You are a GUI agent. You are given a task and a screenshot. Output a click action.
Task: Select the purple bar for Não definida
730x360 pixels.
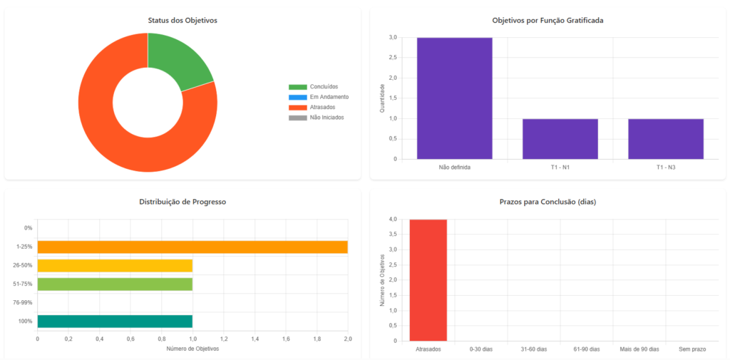point(454,98)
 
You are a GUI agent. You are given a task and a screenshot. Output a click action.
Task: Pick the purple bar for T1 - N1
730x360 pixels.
point(560,139)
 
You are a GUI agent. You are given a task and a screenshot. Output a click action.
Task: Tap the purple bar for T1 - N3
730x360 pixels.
point(665,139)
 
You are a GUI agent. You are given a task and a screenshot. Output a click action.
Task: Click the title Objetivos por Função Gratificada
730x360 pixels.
point(547,21)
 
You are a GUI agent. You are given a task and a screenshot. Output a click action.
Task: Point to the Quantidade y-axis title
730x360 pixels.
point(382,98)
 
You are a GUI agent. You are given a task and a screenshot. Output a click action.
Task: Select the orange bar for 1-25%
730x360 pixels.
point(192,247)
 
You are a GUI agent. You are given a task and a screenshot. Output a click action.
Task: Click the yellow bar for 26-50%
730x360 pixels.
point(115,265)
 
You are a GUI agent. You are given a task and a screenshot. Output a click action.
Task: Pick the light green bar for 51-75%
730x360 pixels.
point(115,284)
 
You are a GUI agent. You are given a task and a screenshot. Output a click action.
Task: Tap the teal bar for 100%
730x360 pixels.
point(115,321)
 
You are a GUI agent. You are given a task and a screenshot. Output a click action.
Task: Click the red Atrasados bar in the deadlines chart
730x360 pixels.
point(428,280)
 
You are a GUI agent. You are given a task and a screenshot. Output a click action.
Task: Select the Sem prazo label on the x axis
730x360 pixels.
point(692,349)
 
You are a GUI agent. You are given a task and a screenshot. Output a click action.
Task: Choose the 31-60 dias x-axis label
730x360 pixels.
point(533,349)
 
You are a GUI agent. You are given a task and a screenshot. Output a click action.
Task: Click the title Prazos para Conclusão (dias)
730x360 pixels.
point(547,202)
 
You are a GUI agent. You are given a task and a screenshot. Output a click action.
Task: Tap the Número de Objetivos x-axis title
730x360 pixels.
point(192,349)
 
